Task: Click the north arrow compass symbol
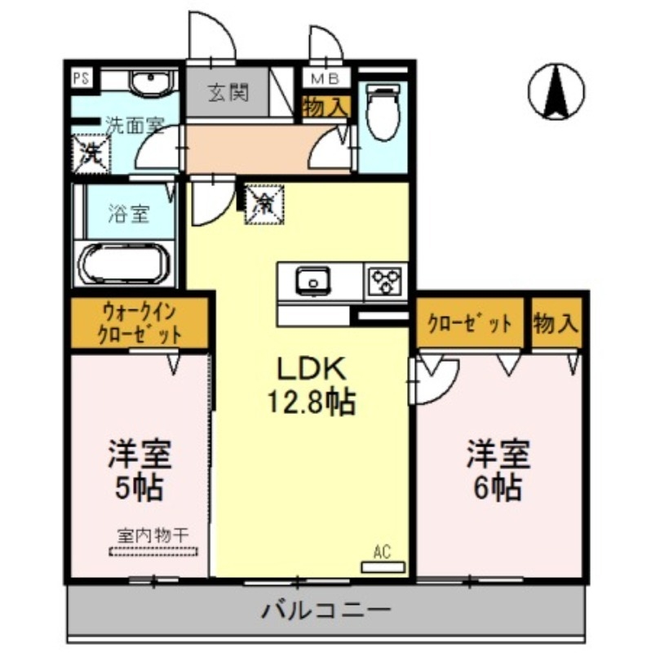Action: point(556,89)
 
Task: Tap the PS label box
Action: point(80,79)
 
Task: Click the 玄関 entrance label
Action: point(228,93)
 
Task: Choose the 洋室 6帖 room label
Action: point(498,470)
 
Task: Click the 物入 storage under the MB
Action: point(326,107)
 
